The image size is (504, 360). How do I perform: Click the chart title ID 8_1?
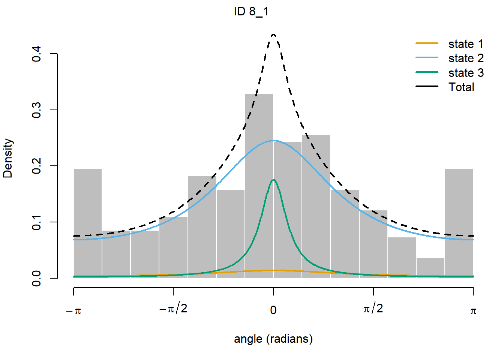point(251,12)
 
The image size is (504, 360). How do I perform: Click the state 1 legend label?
point(466,44)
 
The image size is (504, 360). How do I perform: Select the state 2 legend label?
point(466,58)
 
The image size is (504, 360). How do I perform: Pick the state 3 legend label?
point(466,73)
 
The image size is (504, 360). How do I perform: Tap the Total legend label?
point(461,87)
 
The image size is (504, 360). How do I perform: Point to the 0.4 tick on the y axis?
point(36,54)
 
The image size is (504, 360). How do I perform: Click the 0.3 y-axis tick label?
point(36,110)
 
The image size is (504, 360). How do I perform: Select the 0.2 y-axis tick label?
point(36,166)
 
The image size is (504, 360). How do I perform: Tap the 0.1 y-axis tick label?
point(36,222)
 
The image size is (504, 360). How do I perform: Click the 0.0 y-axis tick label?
point(36,278)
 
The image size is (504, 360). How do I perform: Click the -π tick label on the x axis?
point(73,310)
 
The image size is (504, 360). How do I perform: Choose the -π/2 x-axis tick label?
point(173,309)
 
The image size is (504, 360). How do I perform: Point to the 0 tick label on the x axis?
point(273,310)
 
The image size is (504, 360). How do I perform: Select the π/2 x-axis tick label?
point(373,309)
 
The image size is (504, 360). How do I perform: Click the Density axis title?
point(8,158)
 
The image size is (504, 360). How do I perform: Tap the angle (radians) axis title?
point(273,339)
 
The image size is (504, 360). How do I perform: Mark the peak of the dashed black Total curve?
point(273,34)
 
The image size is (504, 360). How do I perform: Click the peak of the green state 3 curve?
point(273,180)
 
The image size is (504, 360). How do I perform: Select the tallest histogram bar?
point(259,186)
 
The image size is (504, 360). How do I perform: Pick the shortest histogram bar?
point(430,268)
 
